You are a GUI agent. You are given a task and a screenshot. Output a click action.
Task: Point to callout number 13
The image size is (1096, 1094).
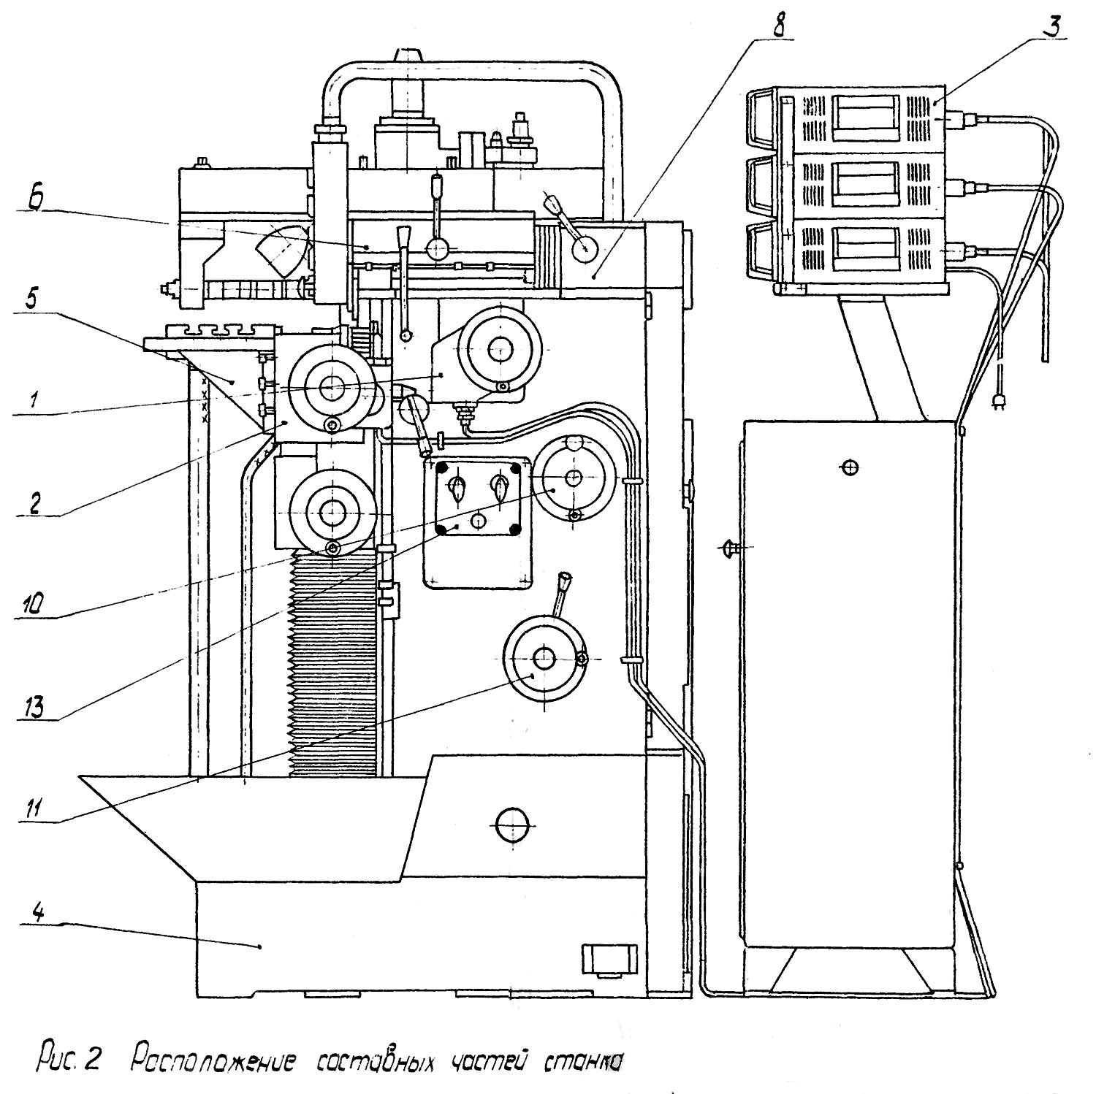tap(34, 706)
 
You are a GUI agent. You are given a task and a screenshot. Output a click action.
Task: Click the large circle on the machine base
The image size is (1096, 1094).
tap(512, 825)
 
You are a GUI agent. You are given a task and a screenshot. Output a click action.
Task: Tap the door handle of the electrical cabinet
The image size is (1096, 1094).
tap(728, 547)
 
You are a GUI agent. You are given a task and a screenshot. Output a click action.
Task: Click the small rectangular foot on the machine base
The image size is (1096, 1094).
tap(608, 957)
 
